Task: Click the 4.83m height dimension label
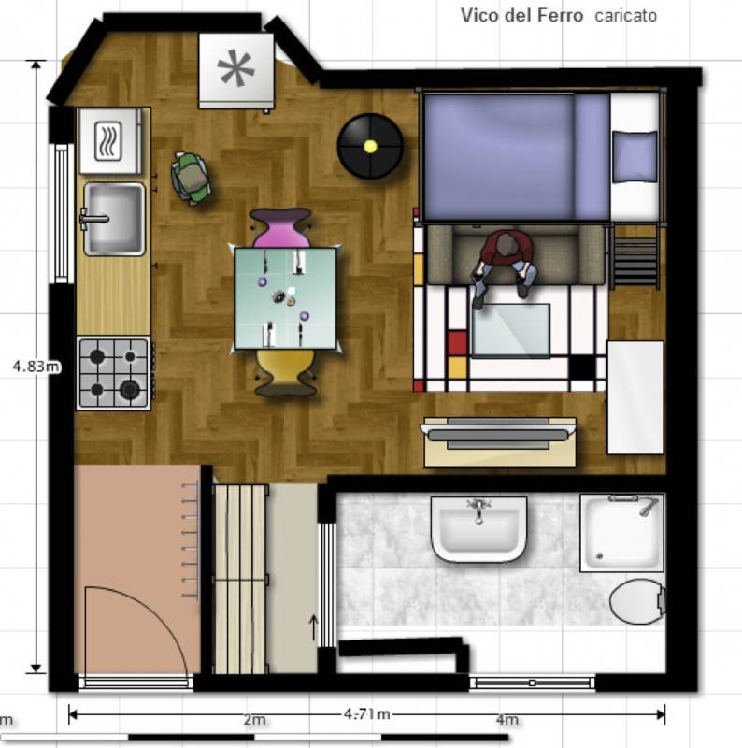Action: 36,367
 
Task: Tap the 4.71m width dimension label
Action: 366,714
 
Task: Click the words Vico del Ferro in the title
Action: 521,15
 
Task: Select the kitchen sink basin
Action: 114,219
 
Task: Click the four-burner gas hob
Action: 114,373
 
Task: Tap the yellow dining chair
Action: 285,372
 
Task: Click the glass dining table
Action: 286,297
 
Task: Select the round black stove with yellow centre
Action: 370,146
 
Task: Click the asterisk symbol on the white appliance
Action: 235,67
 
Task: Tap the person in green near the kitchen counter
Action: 191,179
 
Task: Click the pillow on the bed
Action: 635,156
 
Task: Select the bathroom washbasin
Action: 478,528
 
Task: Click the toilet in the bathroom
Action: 637,601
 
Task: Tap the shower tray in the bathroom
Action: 622,533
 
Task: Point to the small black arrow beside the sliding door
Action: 314,627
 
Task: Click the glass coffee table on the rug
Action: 511,330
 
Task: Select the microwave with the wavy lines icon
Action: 110,141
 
